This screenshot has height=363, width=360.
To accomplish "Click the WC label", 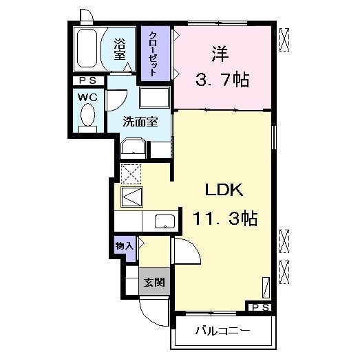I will (x=87, y=97).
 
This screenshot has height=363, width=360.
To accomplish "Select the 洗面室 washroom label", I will (x=140, y=122).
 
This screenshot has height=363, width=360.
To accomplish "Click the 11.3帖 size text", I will (x=224, y=219).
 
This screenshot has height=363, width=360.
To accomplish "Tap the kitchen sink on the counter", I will (x=165, y=221).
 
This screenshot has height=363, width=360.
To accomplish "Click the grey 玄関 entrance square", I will (x=153, y=282).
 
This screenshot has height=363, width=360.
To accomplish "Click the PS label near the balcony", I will (x=260, y=307).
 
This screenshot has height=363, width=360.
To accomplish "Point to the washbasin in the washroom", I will (x=132, y=147).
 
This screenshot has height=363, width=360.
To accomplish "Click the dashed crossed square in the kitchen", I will (x=131, y=173).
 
